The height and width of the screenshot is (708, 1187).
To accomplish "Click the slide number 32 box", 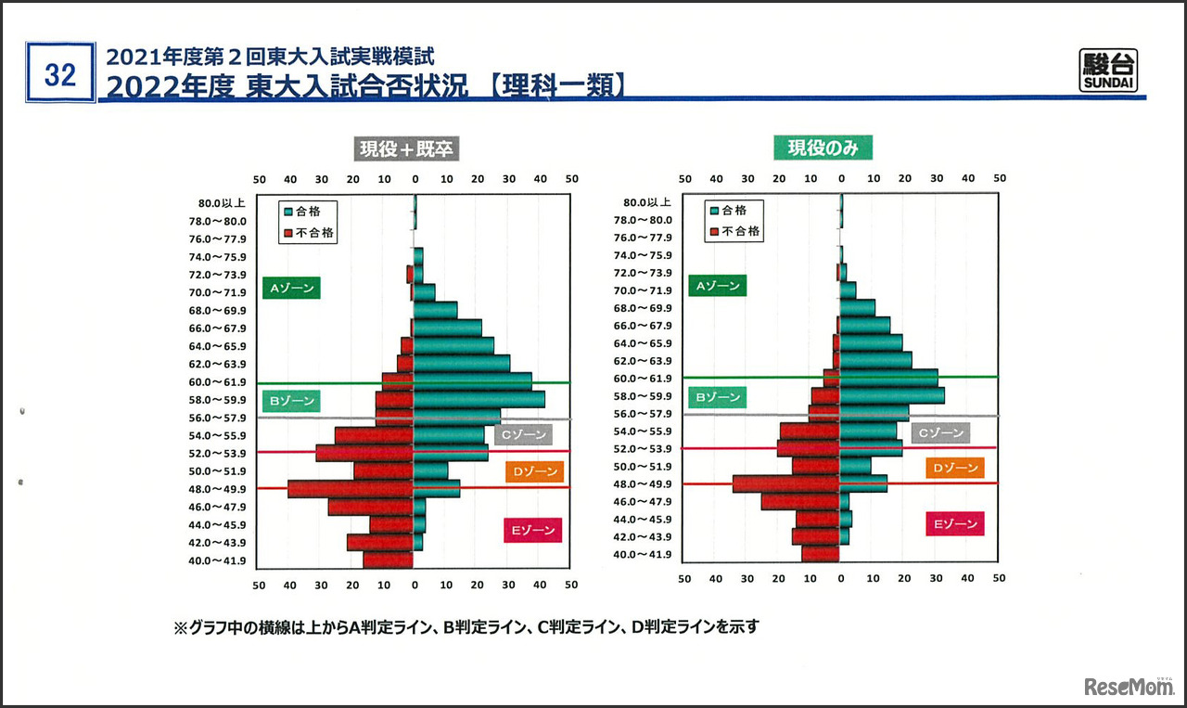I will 60,73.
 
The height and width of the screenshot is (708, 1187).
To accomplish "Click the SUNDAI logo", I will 1109,71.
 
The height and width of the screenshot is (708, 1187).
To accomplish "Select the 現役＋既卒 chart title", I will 406,148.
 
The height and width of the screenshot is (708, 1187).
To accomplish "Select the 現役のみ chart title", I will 823,148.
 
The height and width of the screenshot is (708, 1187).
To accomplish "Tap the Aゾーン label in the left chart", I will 290,289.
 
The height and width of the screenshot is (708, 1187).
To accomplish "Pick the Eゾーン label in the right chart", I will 954,524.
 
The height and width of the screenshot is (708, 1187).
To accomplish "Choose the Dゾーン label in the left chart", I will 534,471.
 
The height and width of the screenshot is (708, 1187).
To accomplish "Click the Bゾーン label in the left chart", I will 290,402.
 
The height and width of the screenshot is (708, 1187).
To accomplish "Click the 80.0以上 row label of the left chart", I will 222,203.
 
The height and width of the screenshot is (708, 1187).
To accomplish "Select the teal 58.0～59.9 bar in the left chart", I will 479,399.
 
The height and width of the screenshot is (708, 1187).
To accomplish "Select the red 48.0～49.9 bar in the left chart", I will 350,489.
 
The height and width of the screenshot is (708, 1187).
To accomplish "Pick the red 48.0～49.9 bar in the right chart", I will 785,483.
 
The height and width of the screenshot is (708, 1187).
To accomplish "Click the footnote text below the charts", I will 466,627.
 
